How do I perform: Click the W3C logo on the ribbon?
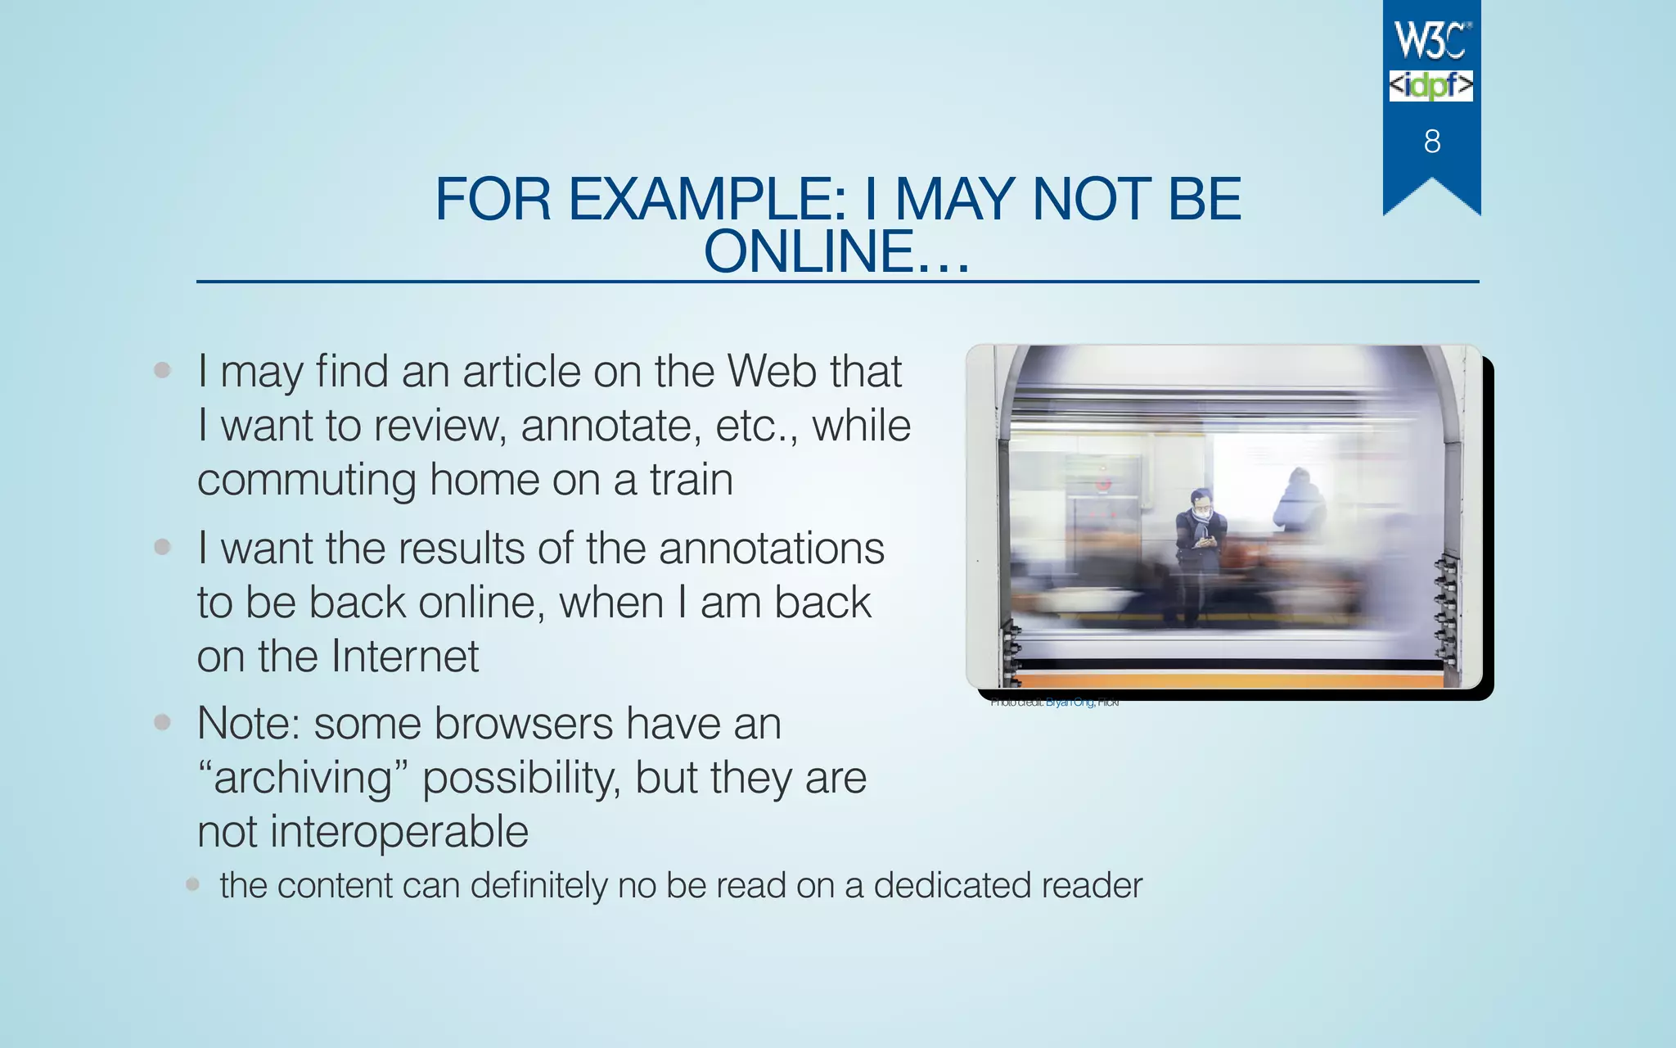(x=1432, y=40)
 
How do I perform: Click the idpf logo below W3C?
(x=1430, y=86)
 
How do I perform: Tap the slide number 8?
(x=1432, y=142)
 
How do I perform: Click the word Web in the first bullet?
(x=772, y=371)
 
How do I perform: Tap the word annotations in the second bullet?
(x=771, y=548)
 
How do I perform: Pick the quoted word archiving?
(x=303, y=778)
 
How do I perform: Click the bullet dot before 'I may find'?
(x=162, y=370)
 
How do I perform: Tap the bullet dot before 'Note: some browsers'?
(x=162, y=722)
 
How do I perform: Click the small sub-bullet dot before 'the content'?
(x=192, y=884)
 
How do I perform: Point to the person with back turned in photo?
(x=1299, y=501)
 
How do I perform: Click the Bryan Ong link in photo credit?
(x=1069, y=702)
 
